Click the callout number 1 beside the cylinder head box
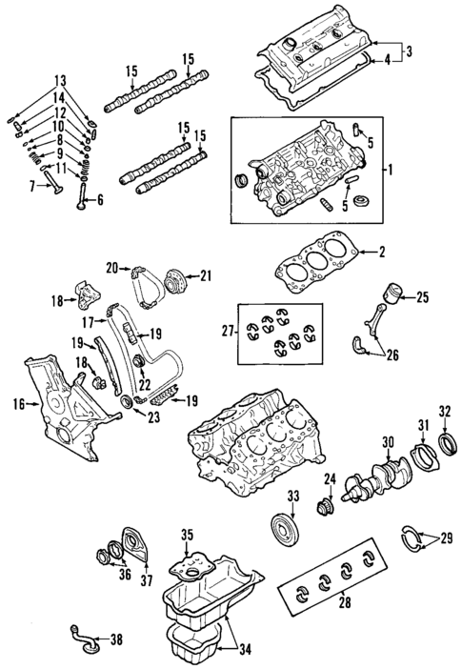click(x=389, y=170)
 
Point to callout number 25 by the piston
click(x=423, y=298)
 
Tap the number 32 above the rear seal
click(x=444, y=411)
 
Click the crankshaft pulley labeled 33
click(x=283, y=529)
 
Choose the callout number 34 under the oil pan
click(x=245, y=652)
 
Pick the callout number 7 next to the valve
click(x=32, y=186)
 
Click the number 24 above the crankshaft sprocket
click(x=331, y=478)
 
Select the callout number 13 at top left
click(x=60, y=79)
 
